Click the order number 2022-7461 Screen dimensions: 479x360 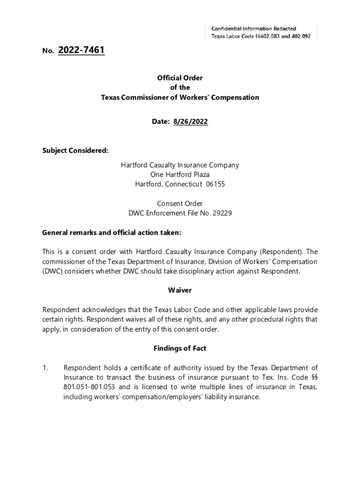pyautogui.click(x=81, y=50)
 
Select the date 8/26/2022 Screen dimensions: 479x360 pyautogui.click(x=190, y=122)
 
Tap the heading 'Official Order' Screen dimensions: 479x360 pyautogui.click(x=180, y=78)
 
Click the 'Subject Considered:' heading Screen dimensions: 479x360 pyautogui.click(x=75, y=150)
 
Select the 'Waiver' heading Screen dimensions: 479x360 pyautogui.click(x=180, y=290)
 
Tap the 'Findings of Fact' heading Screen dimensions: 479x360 pyautogui.click(x=180, y=348)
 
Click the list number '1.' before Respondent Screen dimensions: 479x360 pyautogui.click(x=45, y=368)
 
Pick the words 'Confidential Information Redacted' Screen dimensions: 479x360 pyautogui.click(x=253, y=29)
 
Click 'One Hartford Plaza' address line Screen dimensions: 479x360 pyautogui.click(x=180, y=174)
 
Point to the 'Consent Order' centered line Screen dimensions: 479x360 pyautogui.click(x=180, y=203)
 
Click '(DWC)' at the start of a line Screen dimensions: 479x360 pyautogui.click(x=52, y=271)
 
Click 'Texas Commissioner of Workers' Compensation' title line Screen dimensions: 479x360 pyautogui.click(x=180, y=98)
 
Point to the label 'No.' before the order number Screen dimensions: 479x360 pyautogui.click(x=48, y=51)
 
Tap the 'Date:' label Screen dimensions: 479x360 pyautogui.click(x=160, y=122)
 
